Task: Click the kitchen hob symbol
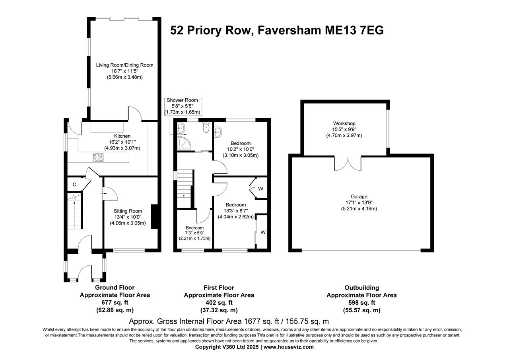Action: coord(97,158)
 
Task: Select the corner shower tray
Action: coord(183,143)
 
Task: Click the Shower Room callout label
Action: coord(183,106)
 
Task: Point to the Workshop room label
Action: coord(344,123)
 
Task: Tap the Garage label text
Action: coord(359,197)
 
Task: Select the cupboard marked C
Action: coord(74,185)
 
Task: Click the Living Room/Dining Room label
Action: coord(124,65)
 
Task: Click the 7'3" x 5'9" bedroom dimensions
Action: coord(194,233)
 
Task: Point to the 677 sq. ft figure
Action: coord(115,303)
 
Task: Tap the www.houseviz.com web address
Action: coord(288,347)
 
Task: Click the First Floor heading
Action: coord(218,288)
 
